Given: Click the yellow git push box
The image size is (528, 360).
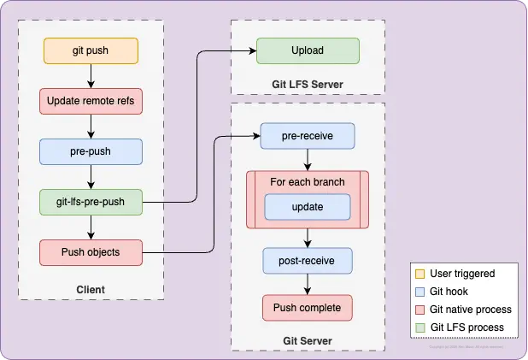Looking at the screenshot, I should pos(90,50).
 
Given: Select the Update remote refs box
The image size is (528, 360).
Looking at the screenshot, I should pos(90,102).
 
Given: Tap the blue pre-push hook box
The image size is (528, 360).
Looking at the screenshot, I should pos(90,151).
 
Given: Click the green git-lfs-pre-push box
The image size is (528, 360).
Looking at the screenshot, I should pos(90,203).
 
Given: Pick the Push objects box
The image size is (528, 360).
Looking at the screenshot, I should pos(90,252).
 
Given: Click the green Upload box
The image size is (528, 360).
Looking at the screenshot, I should pos(308,50).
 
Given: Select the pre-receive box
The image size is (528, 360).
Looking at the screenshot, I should pos(307,136).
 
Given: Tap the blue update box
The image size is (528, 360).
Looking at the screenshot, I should pos(307,207).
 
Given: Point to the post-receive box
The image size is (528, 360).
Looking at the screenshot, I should pos(307,259).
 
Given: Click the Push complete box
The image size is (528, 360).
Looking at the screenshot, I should pos(307,307).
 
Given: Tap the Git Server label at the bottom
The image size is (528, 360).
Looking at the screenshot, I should pos(307,341).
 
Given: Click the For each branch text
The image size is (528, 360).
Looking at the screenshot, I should pos(307,182).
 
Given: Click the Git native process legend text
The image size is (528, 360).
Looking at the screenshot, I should pos(471,310).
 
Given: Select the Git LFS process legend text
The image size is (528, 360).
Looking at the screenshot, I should pos(466,328).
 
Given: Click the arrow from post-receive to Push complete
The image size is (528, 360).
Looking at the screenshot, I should pos(307,283).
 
